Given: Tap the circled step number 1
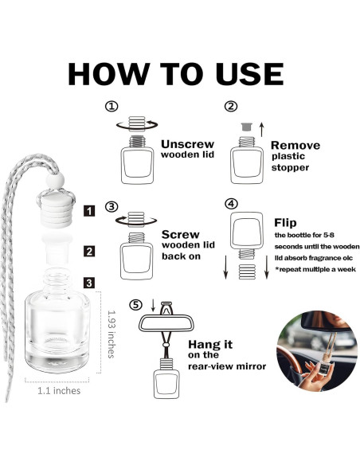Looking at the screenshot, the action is [x=112, y=106].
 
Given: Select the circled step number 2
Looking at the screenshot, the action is [x=231, y=106].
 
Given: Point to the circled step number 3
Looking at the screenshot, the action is [x=112, y=206].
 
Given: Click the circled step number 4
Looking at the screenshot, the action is [x=231, y=204].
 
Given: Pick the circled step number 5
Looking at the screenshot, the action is [x=135, y=305].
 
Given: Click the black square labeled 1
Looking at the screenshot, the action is [x=89, y=211].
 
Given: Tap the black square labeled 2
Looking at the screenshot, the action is [x=89, y=251].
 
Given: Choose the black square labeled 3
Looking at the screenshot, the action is [x=89, y=283].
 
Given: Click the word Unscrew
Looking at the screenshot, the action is [x=187, y=144].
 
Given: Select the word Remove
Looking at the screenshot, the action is [x=295, y=145].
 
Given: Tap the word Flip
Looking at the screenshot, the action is [x=285, y=223].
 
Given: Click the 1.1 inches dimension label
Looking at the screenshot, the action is [x=59, y=391].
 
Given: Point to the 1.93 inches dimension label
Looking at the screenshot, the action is [x=112, y=334].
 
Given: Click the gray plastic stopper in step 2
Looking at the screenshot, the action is [x=246, y=127].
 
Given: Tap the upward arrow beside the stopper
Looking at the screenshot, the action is [x=261, y=130].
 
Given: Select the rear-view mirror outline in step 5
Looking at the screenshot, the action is [x=166, y=322].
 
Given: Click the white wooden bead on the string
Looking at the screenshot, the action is [x=55, y=180].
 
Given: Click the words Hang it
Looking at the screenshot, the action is [x=210, y=344].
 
